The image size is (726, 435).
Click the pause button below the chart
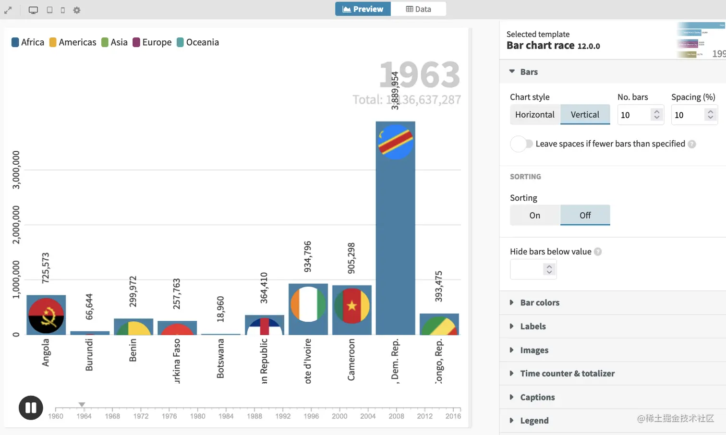31,408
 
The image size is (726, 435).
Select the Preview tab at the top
363,9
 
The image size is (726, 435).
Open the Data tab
418,9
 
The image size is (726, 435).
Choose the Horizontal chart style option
534,115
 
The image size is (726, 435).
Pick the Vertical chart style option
585,115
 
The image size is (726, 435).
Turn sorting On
534,216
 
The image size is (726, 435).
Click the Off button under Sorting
585,216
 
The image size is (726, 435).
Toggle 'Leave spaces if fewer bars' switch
521,144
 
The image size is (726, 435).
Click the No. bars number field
634,115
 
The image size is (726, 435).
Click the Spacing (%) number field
688,115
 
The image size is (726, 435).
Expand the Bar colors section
540,303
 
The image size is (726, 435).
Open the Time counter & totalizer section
567,374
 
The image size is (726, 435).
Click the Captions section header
537,398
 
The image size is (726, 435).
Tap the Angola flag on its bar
46,315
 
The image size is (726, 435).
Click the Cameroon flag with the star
352,306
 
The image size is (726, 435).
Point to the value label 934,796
308,256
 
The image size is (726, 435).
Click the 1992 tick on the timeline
283,416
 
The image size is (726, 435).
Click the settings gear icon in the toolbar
77,10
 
